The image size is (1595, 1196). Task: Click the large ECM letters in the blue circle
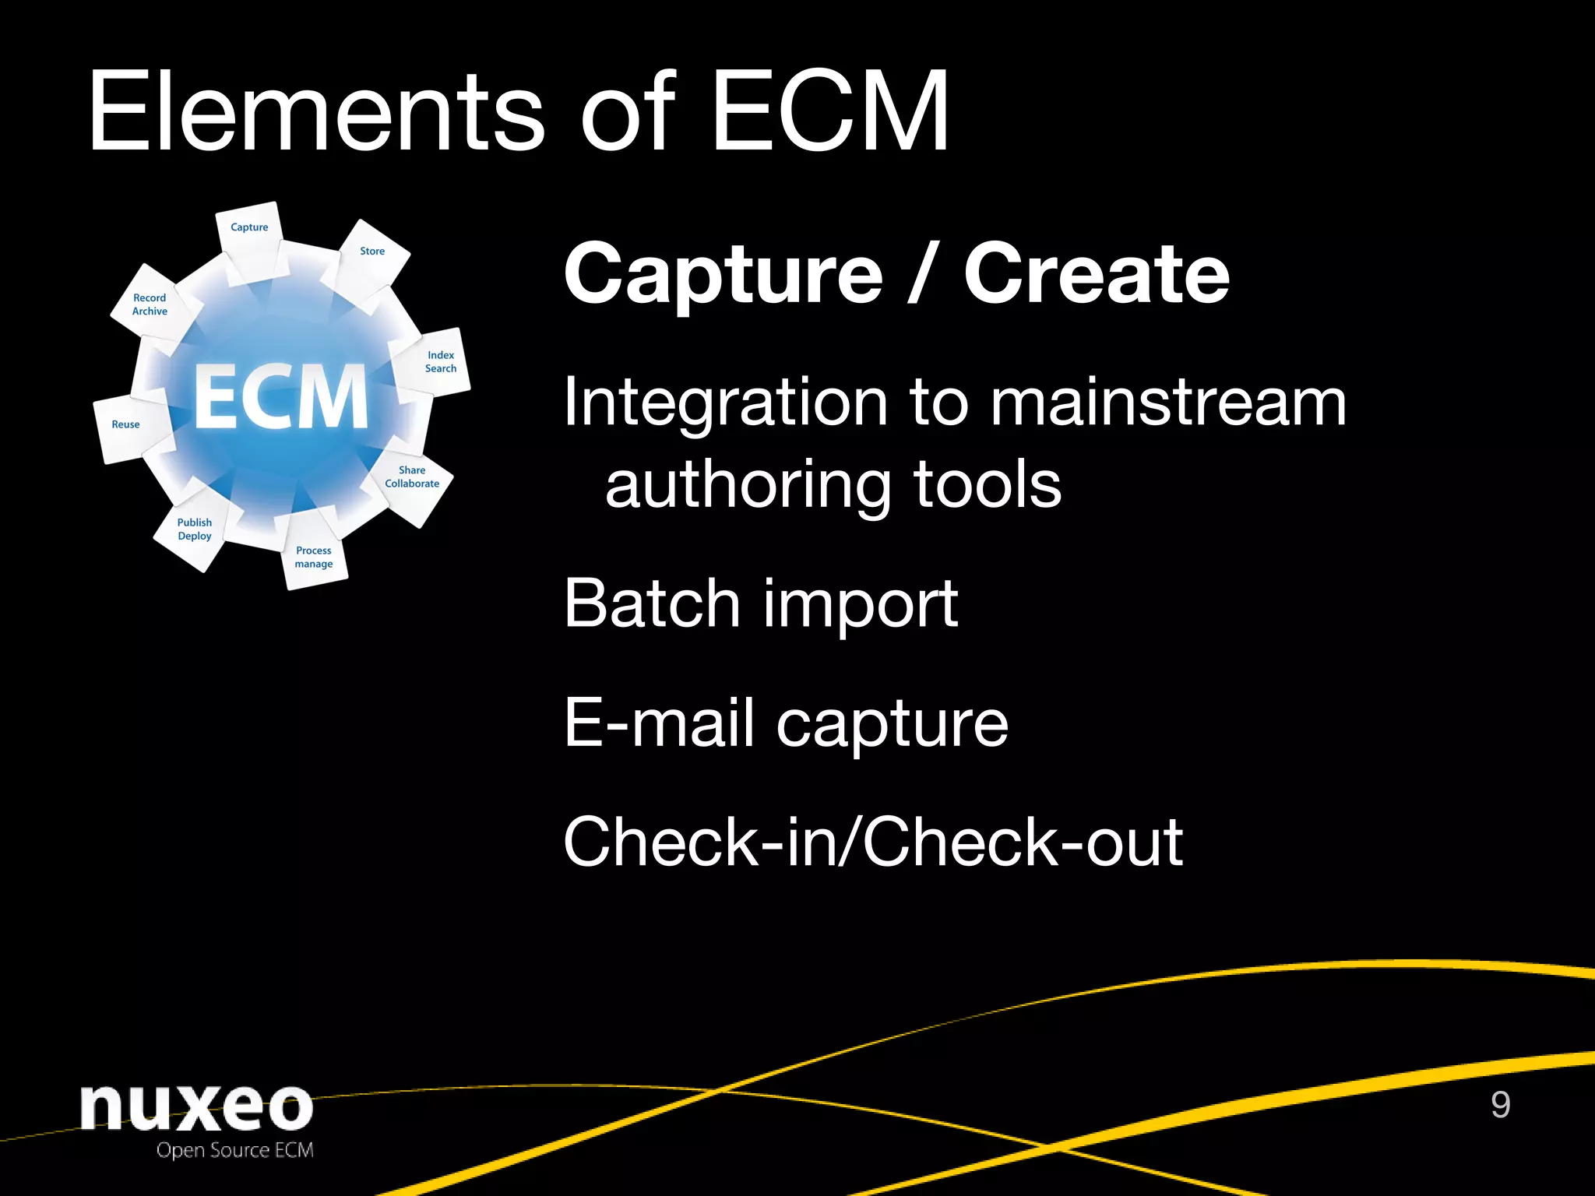(280, 397)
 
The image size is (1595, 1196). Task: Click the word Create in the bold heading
(1097, 274)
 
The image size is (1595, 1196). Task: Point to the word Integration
(725, 403)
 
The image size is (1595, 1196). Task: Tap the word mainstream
(1168, 403)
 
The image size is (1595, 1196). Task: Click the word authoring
(748, 486)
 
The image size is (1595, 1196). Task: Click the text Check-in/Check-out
(873, 842)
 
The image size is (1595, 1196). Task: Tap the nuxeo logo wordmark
(196, 1107)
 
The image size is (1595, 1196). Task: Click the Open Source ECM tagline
(235, 1151)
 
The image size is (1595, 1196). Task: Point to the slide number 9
(1500, 1105)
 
